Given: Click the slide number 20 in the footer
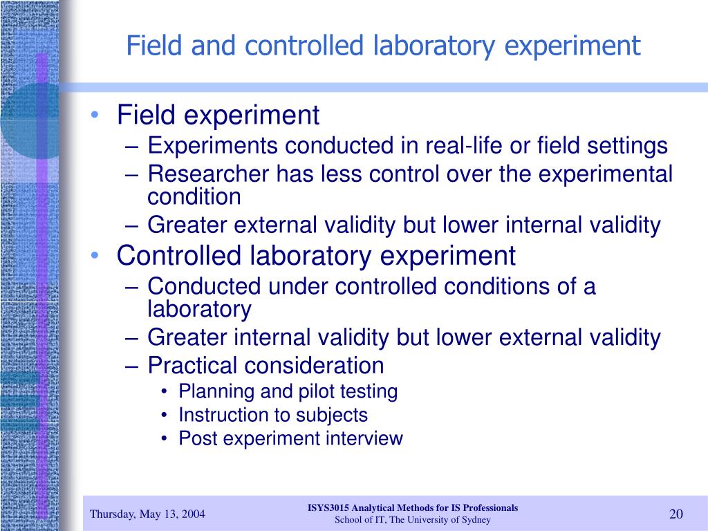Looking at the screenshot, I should pyautogui.click(x=676, y=514).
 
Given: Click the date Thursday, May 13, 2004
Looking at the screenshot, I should pyautogui.click(x=147, y=514).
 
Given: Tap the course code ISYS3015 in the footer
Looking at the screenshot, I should pyautogui.click(x=330, y=507).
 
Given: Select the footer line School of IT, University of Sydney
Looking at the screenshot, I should pyautogui.click(x=413, y=520).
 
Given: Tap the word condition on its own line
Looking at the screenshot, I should pyautogui.click(x=194, y=197).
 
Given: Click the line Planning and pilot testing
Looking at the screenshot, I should pyautogui.click(x=288, y=391).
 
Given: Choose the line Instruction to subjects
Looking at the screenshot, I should pyautogui.click(x=273, y=415).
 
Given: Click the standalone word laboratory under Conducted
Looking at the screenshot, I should pyautogui.click(x=199, y=309).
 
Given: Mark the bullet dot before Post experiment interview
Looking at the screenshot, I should pyautogui.click(x=163, y=439).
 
